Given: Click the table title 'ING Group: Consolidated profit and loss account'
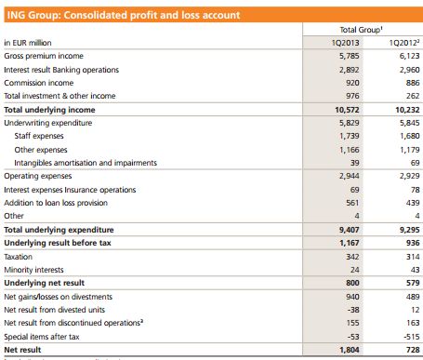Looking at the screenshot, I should pyautogui.click(x=122, y=15).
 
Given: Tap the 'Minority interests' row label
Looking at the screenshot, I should pyautogui.click(x=35, y=268).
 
